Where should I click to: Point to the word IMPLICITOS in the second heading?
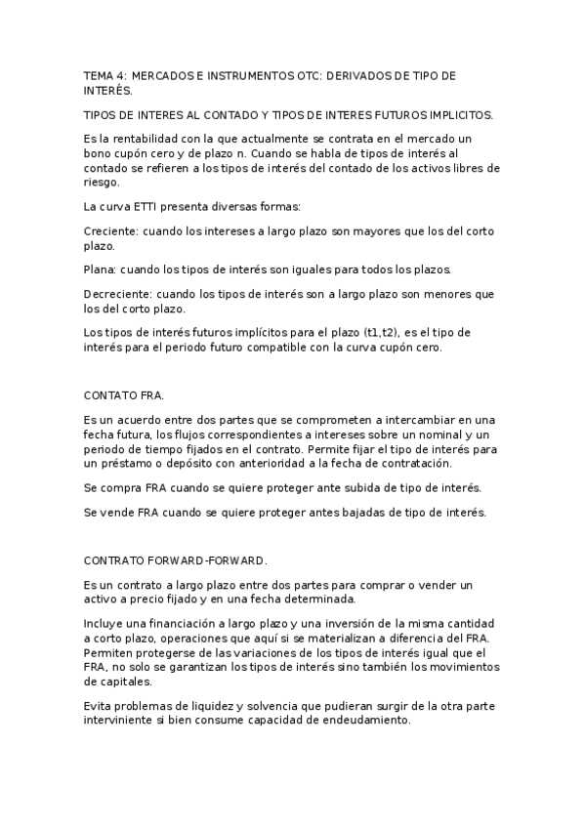click(x=460, y=115)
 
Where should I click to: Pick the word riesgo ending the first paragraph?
click(x=103, y=181)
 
